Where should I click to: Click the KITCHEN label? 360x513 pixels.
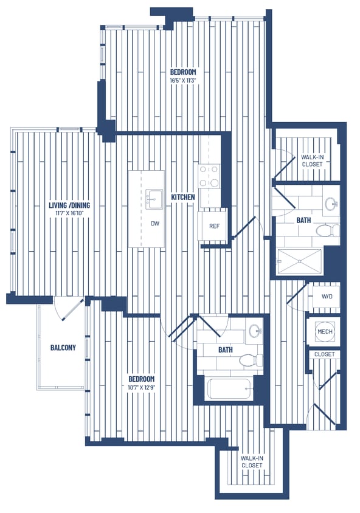tap(182, 198)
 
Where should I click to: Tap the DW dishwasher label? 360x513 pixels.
tap(155, 224)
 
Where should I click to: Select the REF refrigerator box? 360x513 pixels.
tap(214, 226)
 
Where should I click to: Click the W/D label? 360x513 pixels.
tap(327, 296)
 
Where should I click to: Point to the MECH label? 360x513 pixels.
tap(324, 331)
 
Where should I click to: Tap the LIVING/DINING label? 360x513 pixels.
tap(69, 205)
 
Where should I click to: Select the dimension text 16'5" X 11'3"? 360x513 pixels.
tap(182, 80)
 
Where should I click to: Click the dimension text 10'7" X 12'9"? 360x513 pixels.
tap(137, 387)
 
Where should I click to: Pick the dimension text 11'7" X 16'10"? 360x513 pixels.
tap(69, 213)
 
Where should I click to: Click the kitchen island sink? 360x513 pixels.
tap(154, 196)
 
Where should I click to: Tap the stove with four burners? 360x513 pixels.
tap(210, 176)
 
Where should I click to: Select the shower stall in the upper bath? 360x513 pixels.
tap(300, 261)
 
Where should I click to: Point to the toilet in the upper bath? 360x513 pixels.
tap(327, 230)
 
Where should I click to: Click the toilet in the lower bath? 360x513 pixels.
tap(249, 360)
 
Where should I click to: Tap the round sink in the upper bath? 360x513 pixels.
tap(331, 203)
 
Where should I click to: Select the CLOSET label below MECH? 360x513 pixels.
tap(324, 354)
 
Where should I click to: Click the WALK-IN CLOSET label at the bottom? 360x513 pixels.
tap(251, 462)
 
